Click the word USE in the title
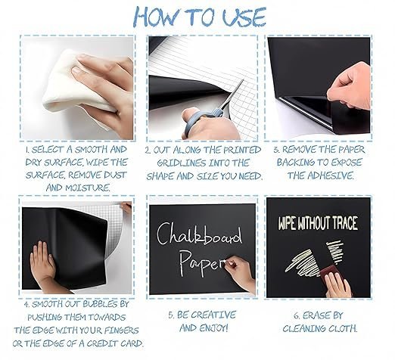click(244, 17)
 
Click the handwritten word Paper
click(202, 262)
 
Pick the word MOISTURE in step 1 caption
click(88, 188)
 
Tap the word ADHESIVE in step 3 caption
click(331, 175)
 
